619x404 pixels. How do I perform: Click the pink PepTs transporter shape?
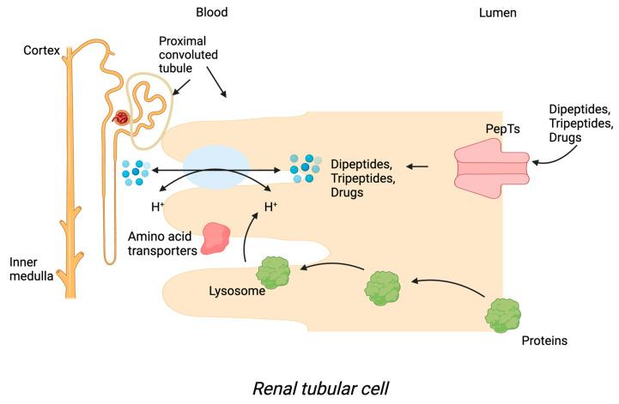point(490,166)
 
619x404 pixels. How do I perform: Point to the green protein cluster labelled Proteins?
point(503,316)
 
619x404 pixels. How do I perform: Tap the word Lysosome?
point(235,291)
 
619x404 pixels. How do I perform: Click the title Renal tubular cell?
point(320,387)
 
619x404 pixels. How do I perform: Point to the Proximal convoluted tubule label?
point(188,55)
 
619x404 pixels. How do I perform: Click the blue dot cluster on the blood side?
point(138,172)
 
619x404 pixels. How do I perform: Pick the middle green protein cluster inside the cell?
point(382,285)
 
